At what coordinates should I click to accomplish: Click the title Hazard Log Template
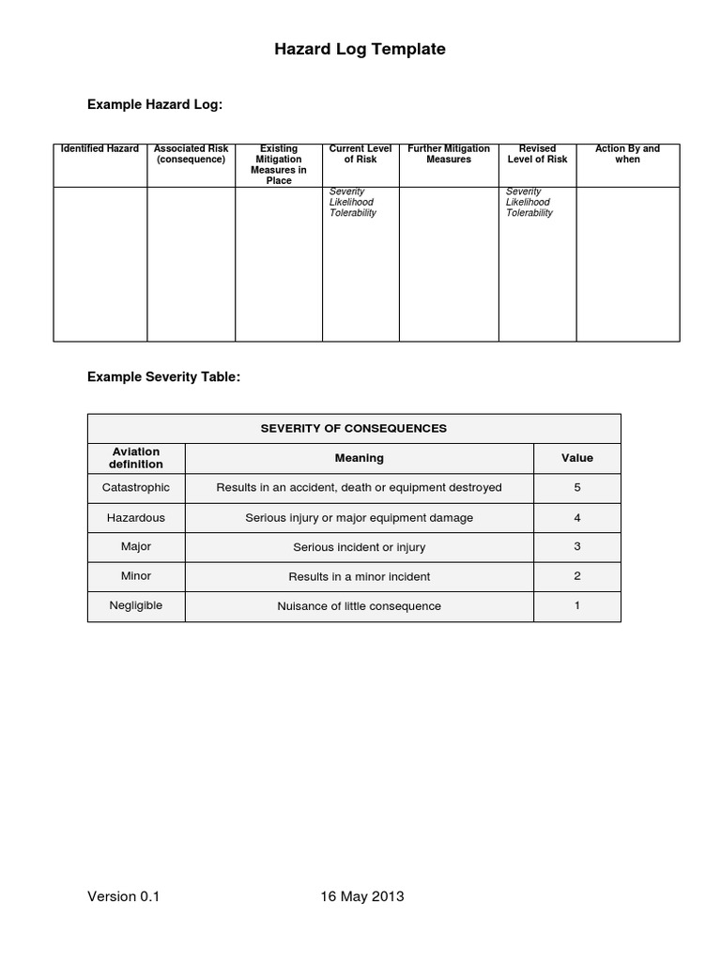(x=360, y=50)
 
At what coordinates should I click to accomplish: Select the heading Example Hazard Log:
(x=155, y=105)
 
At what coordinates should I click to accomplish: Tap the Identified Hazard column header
(x=100, y=149)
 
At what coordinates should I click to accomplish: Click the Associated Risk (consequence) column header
(x=191, y=154)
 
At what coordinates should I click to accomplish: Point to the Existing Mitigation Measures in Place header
(x=279, y=164)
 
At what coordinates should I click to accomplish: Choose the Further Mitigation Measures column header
(x=449, y=154)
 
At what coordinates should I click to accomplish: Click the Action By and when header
(x=627, y=154)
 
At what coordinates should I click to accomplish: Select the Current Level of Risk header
(x=360, y=154)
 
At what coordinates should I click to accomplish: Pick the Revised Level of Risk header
(x=537, y=154)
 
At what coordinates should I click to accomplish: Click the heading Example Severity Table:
(x=163, y=376)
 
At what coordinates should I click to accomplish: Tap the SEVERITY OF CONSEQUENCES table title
(x=353, y=429)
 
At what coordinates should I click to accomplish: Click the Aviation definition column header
(x=136, y=458)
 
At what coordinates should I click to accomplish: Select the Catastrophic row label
(x=136, y=488)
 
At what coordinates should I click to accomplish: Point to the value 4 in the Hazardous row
(x=576, y=517)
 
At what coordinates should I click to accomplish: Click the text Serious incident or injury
(x=359, y=547)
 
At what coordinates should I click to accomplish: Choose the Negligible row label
(x=136, y=605)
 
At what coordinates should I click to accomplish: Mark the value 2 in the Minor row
(x=576, y=576)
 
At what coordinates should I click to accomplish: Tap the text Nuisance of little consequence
(x=359, y=606)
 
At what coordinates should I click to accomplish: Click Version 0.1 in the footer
(x=124, y=896)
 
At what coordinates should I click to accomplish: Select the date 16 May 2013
(x=361, y=896)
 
